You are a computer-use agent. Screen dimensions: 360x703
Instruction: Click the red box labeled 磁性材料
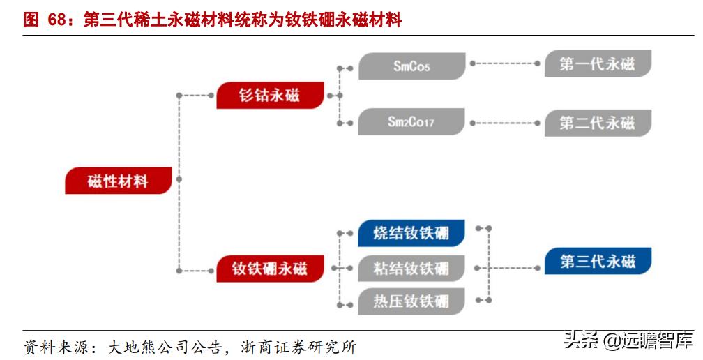click(x=118, y=181)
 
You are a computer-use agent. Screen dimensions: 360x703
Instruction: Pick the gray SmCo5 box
click(x=411, y=66)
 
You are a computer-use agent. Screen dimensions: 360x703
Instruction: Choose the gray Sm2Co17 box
click(x=411, y=122)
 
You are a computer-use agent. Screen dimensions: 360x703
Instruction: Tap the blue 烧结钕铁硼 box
click(x=411, y=233)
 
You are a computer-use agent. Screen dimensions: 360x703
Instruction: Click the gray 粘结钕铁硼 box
click(x=411, y=268)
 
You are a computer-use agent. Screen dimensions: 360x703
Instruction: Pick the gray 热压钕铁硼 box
click(x=411, y=302)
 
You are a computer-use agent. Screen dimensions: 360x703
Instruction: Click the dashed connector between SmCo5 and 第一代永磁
click(x=505, y=63)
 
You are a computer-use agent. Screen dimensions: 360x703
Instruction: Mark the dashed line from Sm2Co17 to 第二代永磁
click(x=505, y=123)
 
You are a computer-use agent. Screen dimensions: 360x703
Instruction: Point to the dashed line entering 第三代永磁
click(x=516, y=266)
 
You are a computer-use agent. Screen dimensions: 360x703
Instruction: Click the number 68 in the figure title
click(x=56, y=20)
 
